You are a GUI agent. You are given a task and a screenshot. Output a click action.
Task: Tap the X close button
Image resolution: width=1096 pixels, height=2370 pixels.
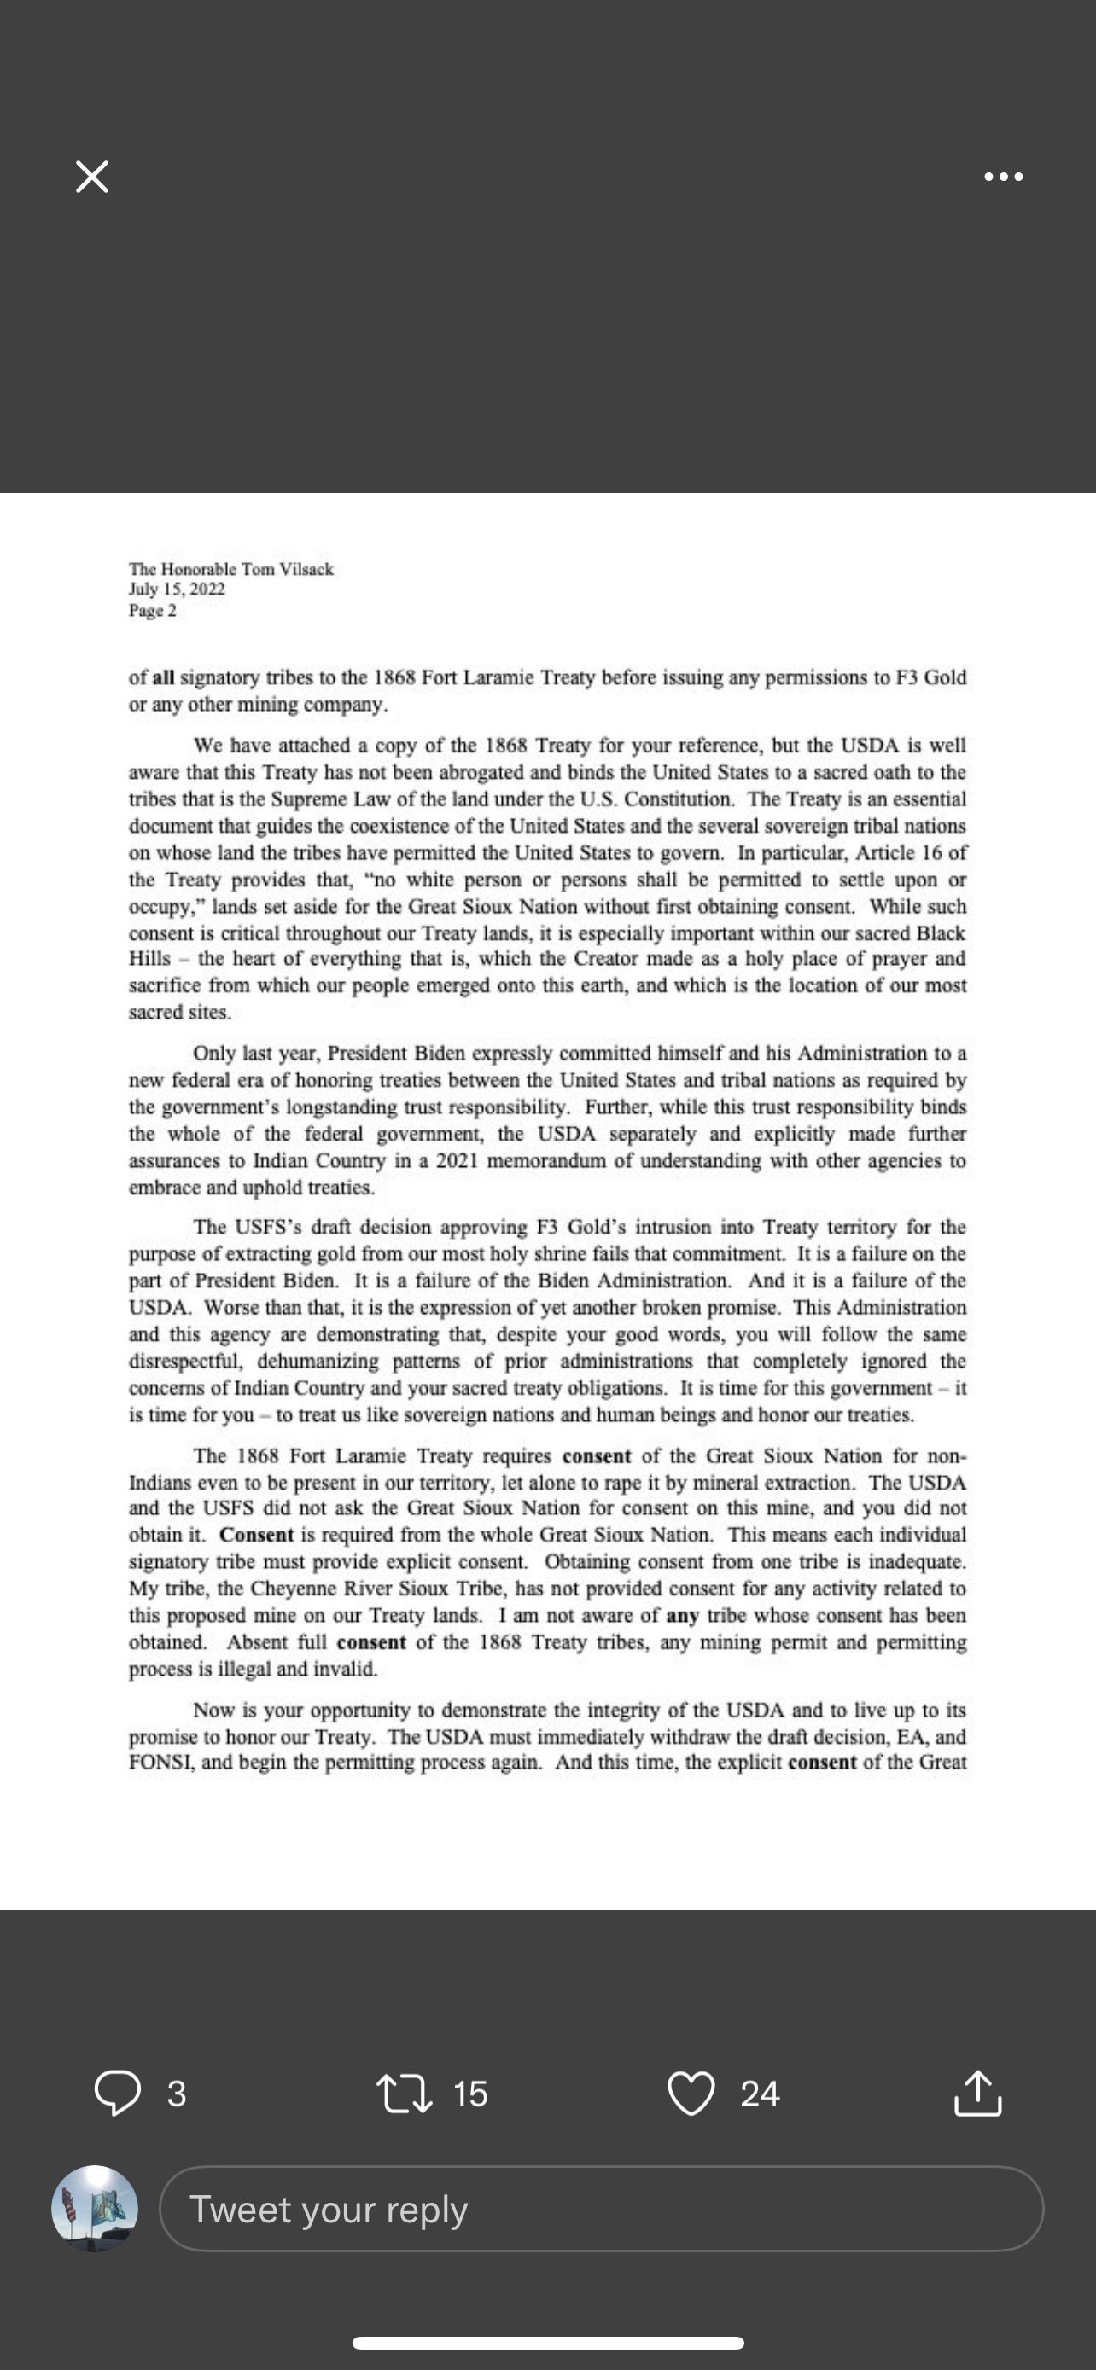pyautogui.click(x=92, y=177)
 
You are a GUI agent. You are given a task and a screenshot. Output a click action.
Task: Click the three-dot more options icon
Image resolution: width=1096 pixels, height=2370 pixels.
pyautogui.click(x=1003, y=177)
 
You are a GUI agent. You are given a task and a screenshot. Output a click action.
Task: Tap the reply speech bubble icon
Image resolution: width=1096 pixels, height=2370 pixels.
pyautogui.click(x=118, y=2093)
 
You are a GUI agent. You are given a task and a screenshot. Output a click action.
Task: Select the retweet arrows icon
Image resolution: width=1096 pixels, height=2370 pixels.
pyautogui.click(x=405, y=2093)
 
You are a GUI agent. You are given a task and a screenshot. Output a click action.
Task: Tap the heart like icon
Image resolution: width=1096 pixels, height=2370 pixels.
pyautogui.click(x=691, y=2093)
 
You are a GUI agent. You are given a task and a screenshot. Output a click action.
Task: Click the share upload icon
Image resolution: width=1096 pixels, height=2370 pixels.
pyautogui.click(x=977, y=2093)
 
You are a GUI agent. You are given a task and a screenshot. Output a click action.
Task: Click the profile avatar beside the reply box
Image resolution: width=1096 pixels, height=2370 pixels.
pyautogui.click(x=95, y=2208)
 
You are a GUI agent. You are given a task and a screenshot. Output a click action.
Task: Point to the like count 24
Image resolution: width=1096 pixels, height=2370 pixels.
pyautogui.click(x=760, y=2094)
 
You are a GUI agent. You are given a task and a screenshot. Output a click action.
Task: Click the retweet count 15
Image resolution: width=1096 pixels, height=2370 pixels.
pyautogui.click(x=470, y=2094)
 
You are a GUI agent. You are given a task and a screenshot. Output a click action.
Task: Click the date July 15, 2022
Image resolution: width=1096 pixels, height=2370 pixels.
pyautogui.click(x=177, y=590)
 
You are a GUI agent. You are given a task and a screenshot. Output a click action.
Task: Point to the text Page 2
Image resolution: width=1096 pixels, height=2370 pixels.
pyautogui.click(x=153, y=611)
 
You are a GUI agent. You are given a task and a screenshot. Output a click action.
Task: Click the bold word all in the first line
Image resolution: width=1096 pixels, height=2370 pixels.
pyautogui.click(x=163, y=678)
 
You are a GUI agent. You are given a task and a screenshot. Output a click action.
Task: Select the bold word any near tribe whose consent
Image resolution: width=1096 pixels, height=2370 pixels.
pyautogui.click(x=682, y=1616)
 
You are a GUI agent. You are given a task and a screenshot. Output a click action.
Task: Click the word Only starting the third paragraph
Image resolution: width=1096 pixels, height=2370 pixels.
pyautogui.click(x=213, y=1054)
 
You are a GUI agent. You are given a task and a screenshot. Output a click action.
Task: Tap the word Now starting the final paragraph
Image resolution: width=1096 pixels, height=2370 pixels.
pyautogui.click(x=211, y=1711)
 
